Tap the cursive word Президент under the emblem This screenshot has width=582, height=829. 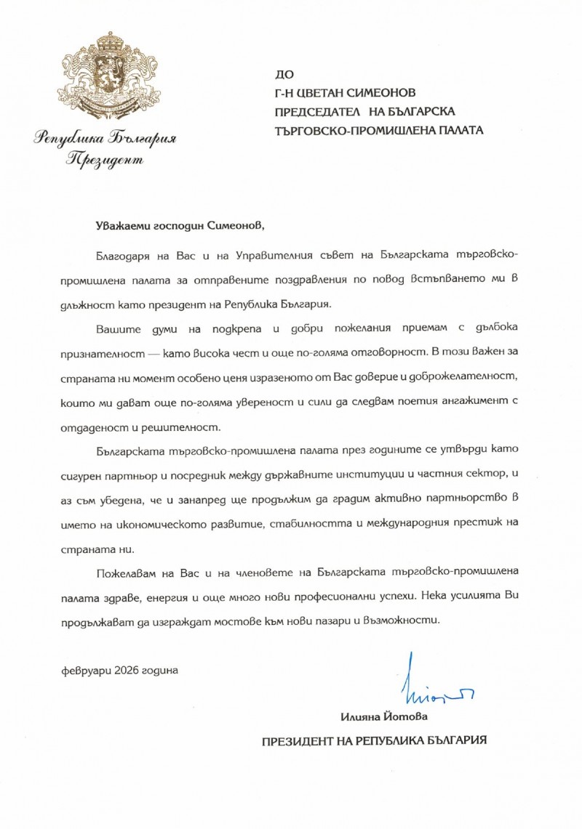pyautogui.click(x=105, y=159)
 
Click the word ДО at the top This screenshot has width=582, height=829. pyautogui.click(x=282, y=74)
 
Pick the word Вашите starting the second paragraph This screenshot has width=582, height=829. pyautogui.click(x=114, y=329)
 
